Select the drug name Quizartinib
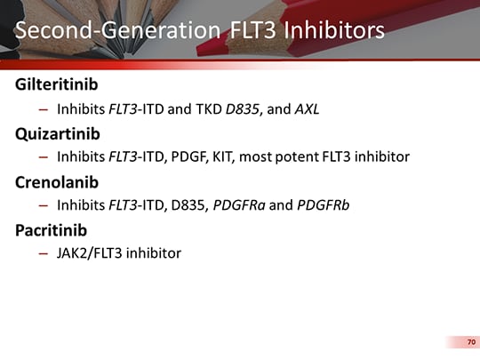tap(55, 133)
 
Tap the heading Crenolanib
tap(56, 182)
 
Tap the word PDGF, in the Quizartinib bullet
tap(197, 157)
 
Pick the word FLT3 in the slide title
tap(252, 30)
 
